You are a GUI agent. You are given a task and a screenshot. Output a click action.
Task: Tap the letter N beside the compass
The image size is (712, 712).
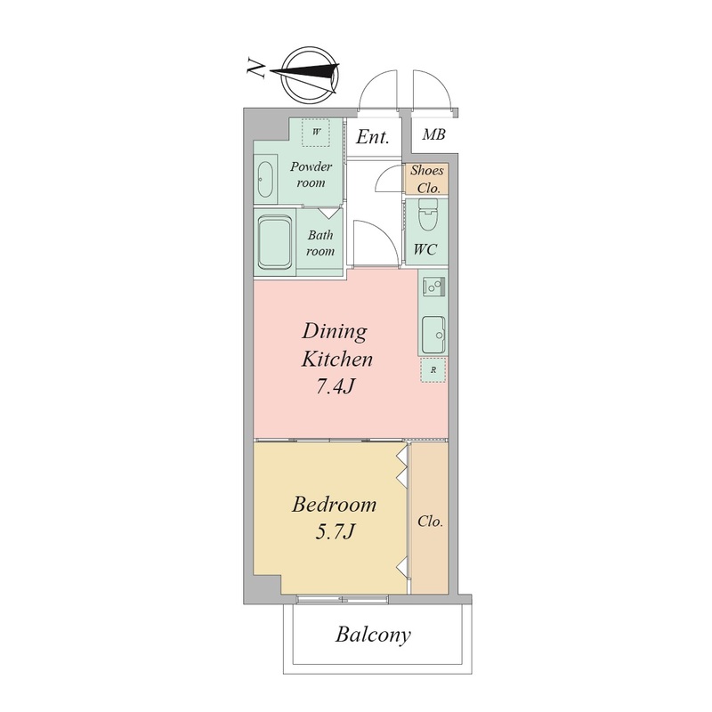click(256, 69)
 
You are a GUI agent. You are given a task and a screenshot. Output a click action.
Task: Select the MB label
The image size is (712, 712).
click(433, 134)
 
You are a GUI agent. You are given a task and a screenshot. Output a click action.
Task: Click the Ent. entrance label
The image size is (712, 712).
click(372, 137)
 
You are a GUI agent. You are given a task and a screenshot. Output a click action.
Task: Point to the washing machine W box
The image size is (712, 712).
click(317, 132)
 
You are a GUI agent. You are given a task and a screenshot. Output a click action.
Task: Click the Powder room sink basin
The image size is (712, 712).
click(265, 179)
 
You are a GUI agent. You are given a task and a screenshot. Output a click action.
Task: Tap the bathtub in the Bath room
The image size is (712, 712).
click(274, 243)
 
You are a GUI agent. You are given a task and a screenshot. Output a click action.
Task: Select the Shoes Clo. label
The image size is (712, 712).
click(427, 180)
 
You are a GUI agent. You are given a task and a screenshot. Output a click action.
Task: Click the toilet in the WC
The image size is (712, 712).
click(427, 217)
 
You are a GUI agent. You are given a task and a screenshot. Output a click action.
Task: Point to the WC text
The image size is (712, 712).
click(425, 249)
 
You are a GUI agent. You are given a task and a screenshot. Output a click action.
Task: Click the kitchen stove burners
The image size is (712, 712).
click(434, 287)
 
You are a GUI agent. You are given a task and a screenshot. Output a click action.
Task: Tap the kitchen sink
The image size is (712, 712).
click(433, 335)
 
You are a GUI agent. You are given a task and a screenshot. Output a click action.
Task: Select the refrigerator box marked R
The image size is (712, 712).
click(433, 370)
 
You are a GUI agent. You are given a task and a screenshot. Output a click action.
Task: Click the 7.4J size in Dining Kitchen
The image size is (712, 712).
click(336, 387)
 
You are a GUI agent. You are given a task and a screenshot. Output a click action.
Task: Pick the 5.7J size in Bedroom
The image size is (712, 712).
click(335, 530)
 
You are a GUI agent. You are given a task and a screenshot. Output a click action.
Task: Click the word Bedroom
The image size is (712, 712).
click(335, 505)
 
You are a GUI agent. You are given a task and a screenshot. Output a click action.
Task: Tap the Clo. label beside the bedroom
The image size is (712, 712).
click(430, 522)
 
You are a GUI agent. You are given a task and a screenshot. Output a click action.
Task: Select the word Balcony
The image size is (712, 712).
click(373, 635)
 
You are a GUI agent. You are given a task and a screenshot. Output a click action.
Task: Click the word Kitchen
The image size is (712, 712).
click(337, 360)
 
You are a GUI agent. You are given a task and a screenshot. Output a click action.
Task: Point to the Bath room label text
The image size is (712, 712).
click(320, 243)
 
